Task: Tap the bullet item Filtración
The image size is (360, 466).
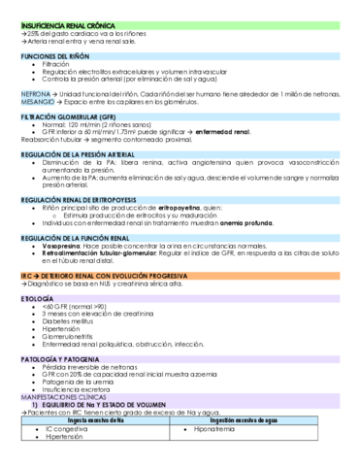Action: (x=57, y=65)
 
